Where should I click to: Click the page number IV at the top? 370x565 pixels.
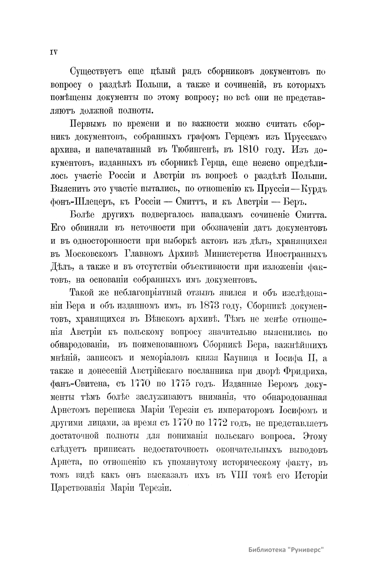(54, 52)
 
